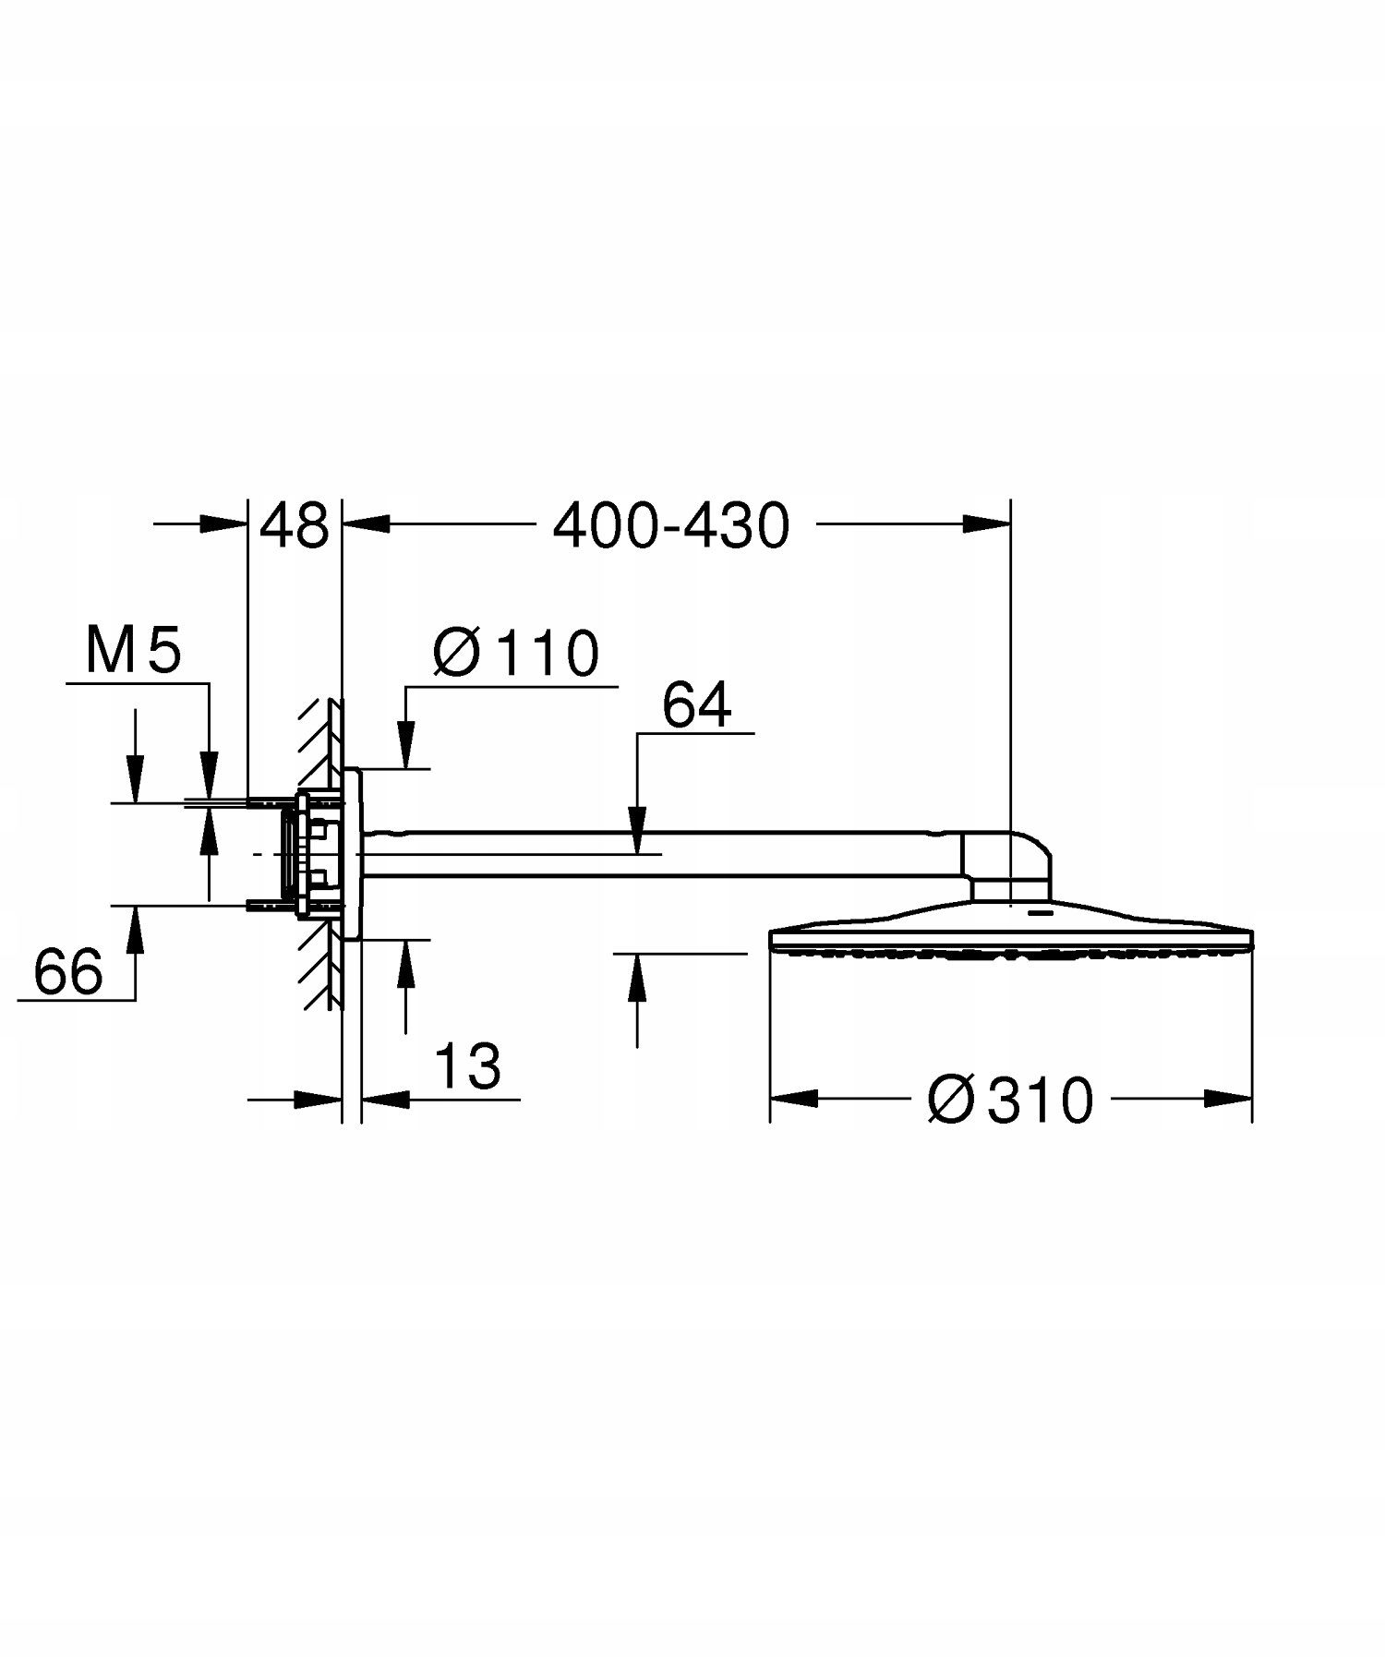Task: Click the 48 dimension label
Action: tap(294, 525)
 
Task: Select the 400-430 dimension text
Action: tap(671, 526)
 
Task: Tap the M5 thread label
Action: tap(133, 651)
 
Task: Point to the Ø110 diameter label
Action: tap(516, 654)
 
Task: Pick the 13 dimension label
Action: tap(467, 1066)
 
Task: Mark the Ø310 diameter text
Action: tap(1011, 1100)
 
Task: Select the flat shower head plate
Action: tap(1011, 931)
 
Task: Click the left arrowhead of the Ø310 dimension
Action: tap(794, 1099)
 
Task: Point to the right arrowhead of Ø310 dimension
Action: tap(1229, 1099)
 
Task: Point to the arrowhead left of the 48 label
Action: tap(226, 524)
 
